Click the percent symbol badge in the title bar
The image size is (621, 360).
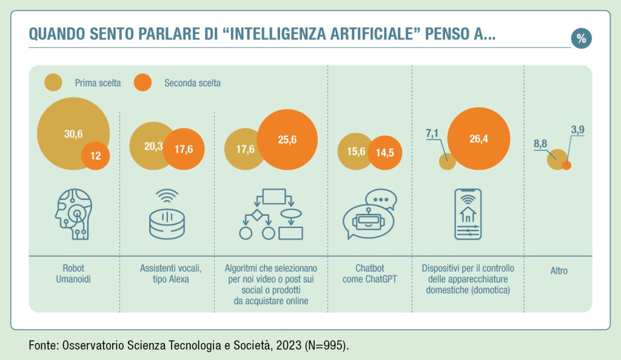pyautogui.click(x=581, y=38)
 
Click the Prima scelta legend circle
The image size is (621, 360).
pyautogui.click(x=54, y=82)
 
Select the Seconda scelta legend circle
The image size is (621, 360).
pyautogui.click(x=142, y=82)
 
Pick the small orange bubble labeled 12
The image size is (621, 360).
pyautogui.click(x=96, y=156)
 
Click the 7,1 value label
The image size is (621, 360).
pyautogui.click(x=431, y=133)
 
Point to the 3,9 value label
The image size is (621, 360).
pyautogui.click(x=577, y=129)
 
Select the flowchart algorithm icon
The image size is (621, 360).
pyautogui.click(x=270, y=215)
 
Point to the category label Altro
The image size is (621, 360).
pyautogui.click(x=559, y=271)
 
